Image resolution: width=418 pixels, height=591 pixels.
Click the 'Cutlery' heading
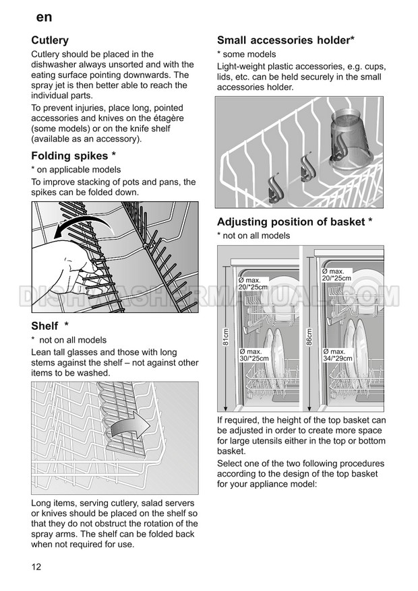50,40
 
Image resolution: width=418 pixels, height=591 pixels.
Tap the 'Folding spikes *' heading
78,156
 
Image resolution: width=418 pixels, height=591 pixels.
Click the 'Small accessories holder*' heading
285,40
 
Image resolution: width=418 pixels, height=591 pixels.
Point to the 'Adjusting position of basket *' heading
295,221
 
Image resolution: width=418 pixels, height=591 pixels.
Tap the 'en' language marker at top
44,16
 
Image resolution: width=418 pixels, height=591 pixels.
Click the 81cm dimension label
225,336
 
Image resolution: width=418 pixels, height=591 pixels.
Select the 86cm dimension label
309,336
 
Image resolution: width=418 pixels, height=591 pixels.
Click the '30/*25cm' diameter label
253,358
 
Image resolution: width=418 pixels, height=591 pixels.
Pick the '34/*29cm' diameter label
337,358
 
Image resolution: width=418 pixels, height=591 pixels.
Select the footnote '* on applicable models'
76,170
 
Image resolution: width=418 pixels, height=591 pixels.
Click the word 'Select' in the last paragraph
231,464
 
